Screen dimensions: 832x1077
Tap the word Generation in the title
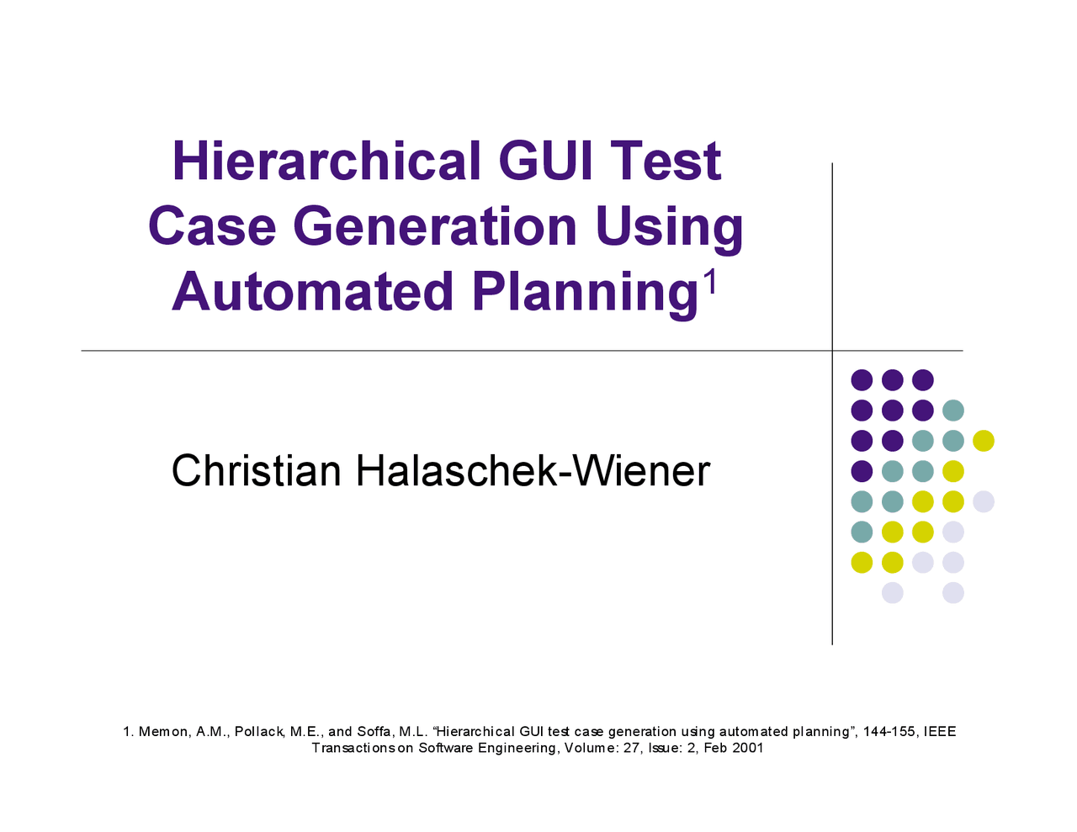coord(435,227)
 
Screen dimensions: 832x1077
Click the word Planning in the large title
coord(585,292)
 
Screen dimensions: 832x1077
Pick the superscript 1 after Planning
coord(711,283)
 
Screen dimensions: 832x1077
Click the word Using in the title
coord(669,227)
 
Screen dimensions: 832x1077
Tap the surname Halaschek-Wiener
coord(533,470)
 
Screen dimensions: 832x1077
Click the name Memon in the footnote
coord(165,732)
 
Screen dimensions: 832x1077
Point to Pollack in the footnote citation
coord(259,732)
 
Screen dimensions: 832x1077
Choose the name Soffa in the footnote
coord(374,732)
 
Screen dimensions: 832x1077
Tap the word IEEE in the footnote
coord(940,732)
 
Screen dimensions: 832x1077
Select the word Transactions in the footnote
coord(354,748)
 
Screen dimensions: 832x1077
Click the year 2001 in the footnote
coord(748,748)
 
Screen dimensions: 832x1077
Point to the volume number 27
coord(632,748)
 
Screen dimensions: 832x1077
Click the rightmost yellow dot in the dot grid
coord(983,440)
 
